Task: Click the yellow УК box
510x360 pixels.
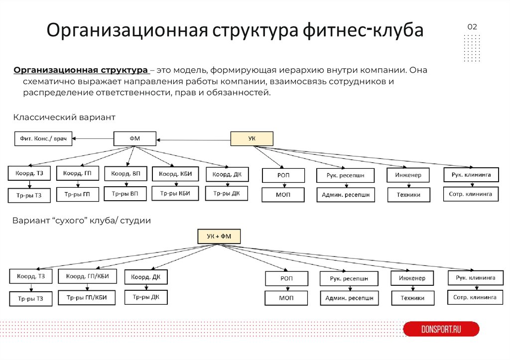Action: point(252,138)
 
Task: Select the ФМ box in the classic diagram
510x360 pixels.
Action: point(134,138)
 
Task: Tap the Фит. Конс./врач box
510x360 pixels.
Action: point(43,138)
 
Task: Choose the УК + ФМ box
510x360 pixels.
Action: point(219,237)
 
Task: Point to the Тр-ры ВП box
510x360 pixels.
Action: point(125,193)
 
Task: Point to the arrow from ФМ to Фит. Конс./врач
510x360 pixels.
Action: point(93,138)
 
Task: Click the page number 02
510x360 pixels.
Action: point(472,27)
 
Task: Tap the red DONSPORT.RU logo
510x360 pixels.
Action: point(441,329)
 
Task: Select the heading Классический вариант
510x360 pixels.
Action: point(64,118)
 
